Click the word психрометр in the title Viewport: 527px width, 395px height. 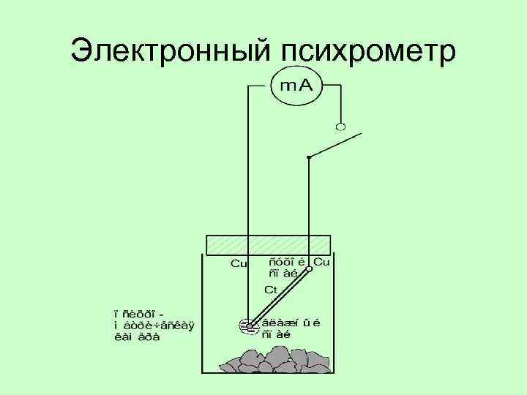pos(367,51)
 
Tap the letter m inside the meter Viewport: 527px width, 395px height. pos(287,86)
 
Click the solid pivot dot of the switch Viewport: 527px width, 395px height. pos(309,157)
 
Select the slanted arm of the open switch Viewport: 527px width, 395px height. pos(335,146)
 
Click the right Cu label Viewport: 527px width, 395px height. pos(321,261)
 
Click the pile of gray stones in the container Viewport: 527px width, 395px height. pos(268,359)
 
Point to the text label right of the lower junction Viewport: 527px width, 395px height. pos(291,327)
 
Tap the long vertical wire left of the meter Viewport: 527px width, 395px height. pos(247,183)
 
